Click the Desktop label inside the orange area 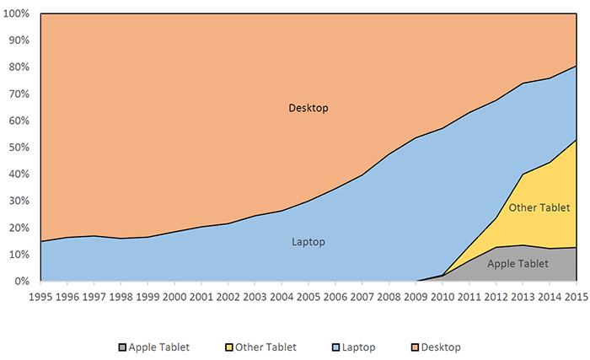click(308, 108)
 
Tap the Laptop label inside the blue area click(308, 242)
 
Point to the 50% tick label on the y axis click(19, 148)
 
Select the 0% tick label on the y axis click(22, 281)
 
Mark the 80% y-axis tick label click(19, 67)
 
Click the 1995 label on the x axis click(40, 297)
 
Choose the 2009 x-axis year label click(414, 297)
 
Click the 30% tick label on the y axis click(19, 201)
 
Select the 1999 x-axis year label click(147, 297)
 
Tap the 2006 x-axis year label click(334, 297)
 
